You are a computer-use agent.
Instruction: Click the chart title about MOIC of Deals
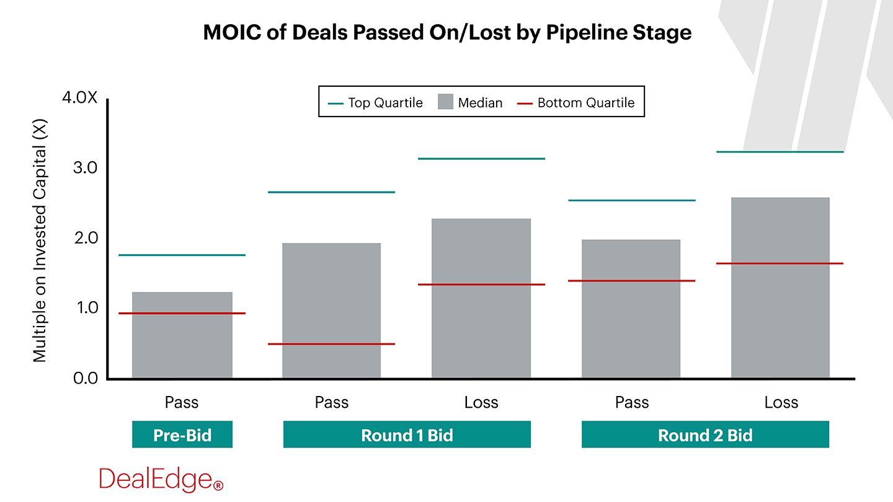[x=446, y=32]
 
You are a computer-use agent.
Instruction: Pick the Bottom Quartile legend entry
[x=577, y=103]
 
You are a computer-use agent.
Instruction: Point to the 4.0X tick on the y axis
[x=79, y=99]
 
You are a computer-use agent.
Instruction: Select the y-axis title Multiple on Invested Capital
[x=40, y=239]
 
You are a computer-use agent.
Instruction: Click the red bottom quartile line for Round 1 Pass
[x=331, y=344]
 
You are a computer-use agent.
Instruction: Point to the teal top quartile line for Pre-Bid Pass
[x=182, y=255]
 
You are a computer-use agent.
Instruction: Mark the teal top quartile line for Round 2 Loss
[x=780, y=152]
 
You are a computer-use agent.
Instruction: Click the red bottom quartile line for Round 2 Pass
[x=631, y=281]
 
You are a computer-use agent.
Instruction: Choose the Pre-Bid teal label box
[x=182, y=434]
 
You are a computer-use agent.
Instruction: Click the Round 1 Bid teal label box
[x=407, y=434]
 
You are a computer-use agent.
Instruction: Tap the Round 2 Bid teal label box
[x=705, y=434]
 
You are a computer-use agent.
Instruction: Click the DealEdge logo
[x=161, y=480]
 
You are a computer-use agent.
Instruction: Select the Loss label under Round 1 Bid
[x=481, y=403]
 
